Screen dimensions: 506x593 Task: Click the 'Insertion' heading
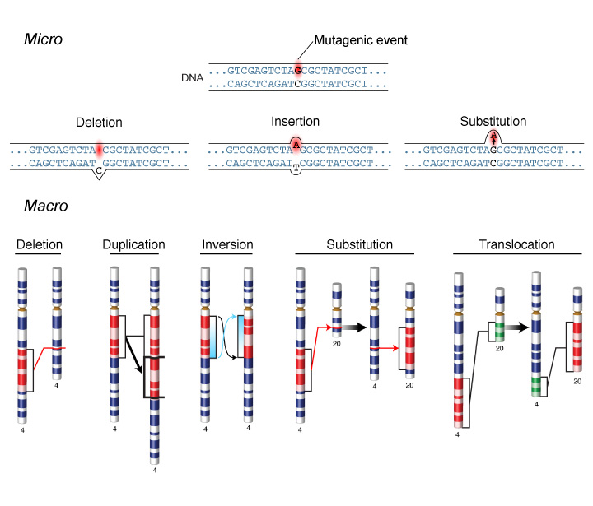tap(296, 123)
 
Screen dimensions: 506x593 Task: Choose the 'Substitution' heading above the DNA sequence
tap(493, 121)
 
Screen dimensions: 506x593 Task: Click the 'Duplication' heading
tap(134, 244)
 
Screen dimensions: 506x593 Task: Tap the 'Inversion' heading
tap(226, 244)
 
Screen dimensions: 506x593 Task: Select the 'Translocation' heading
tap(516, 244)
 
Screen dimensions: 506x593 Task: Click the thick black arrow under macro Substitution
tap(353, 327)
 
